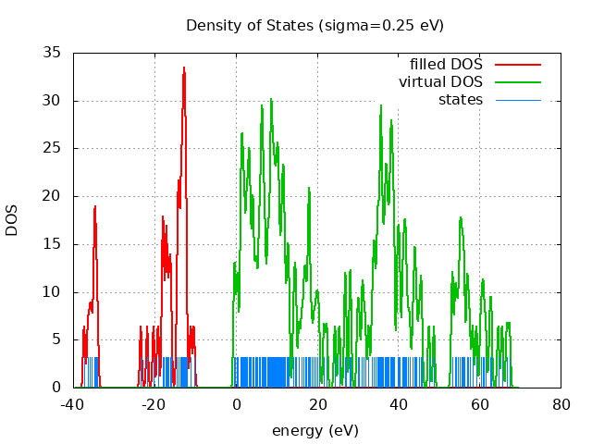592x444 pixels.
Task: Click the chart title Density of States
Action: coord(314,25)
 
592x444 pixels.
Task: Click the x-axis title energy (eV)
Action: coord(314,430)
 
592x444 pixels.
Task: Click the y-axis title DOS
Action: coord(12,220)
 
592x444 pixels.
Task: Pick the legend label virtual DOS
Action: coord(440,82)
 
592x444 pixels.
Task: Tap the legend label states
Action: coord(461,100)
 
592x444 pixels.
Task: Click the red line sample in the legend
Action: coord(517,65)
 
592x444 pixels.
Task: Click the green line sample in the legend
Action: coord(517,82)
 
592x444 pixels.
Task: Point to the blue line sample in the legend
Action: coord(517,100)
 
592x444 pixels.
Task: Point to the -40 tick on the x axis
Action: coord(74,405)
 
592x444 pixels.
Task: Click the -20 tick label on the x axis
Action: coord(154,405)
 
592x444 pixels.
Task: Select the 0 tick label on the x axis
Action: coord(236,405)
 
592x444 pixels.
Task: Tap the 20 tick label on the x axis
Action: coord(317,405)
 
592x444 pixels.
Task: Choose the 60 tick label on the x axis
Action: coord(480,405)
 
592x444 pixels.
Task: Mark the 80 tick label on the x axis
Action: coord(561,405)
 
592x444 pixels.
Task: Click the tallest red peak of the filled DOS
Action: coord(184,68)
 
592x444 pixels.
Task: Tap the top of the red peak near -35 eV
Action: coord(94,206)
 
